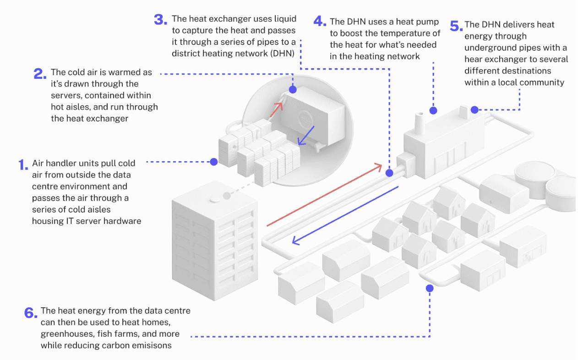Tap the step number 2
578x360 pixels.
40,74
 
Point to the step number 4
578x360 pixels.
319,21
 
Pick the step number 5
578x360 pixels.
455,26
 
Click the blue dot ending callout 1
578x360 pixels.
213,162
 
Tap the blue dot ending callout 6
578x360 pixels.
430,288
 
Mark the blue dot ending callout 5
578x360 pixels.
474,109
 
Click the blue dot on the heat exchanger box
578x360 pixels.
292,90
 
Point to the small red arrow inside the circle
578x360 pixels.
276,109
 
